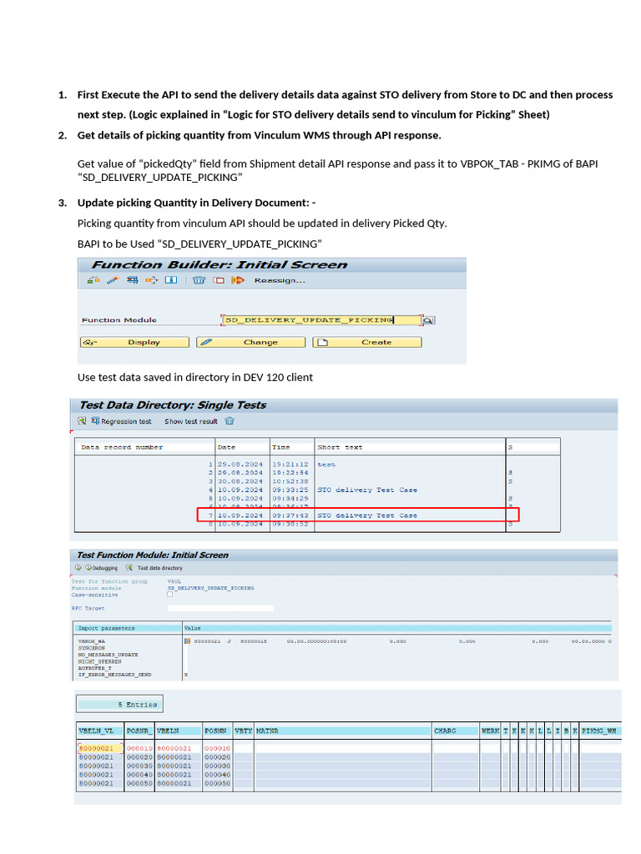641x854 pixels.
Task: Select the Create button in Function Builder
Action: (x=367, y=342)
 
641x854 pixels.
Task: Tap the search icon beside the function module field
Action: (x=428, y=320)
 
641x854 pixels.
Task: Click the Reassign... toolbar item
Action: (x=279, y=280)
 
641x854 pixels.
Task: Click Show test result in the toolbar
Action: (x=190, y=421)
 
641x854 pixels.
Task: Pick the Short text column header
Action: (x=340, y=447)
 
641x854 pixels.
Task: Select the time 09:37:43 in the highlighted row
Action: (x=290, y=515)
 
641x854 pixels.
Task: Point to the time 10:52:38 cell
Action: (x=290, y=481)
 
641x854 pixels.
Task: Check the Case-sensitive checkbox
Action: (x=170, y=595)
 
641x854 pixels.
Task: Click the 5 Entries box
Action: (x=119, y=705)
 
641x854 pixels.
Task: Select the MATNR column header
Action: (x=267, y=731)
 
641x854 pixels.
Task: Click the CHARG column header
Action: (x=445, y=731)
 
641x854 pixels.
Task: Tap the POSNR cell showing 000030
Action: (x=139, y=766)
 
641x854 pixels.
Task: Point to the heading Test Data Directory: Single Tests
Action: (x=172, y=405)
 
